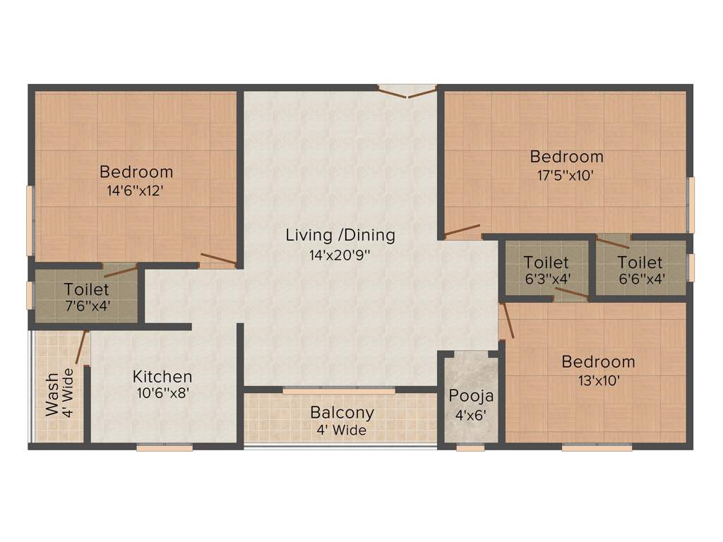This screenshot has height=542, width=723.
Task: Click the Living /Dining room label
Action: [340, 235]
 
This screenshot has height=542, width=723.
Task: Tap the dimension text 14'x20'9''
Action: [340, 255]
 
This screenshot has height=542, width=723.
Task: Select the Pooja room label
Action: [471, 395]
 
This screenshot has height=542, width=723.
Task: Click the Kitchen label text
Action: [162, 377]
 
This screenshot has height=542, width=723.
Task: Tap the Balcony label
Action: [342, 412]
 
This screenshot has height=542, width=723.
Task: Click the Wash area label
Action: [53, 401]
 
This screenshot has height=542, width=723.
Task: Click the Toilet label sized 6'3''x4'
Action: [546, 263]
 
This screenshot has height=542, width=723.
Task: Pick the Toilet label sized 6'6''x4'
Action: [640, 263]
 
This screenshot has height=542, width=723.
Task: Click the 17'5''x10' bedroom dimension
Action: [566, 175]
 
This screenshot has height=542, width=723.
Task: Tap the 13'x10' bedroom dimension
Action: [597, 380]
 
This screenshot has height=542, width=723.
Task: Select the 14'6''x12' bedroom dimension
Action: [136, 191]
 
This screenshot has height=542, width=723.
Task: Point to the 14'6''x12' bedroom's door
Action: [217, 260]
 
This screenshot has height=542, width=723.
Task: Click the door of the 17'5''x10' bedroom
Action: [462, 231]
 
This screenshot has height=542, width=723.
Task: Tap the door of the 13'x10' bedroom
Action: [506, 322]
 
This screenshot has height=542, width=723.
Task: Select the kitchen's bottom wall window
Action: [165, 447]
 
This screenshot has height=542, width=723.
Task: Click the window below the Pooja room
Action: [470, 447]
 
